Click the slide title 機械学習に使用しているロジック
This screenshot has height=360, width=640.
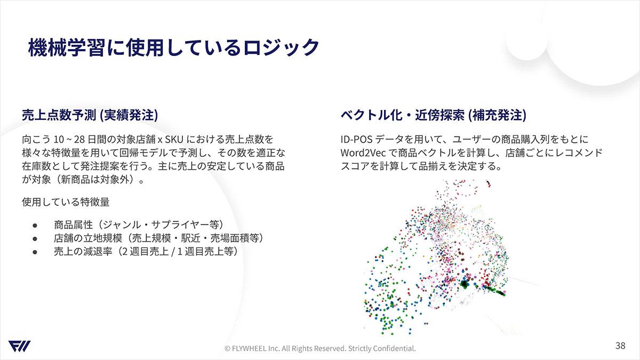(x=173, y=47)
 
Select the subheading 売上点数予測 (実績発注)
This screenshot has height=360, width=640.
(x=90, y=115)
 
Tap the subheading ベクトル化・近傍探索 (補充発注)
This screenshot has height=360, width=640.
(x=433, y=115)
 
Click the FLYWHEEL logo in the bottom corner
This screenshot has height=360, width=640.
(x=19, y=346)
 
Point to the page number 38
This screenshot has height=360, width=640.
(x=620, y=346)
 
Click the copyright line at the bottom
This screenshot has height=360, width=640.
(x=320, y=348)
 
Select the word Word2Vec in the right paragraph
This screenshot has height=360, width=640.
(x=363, y=153)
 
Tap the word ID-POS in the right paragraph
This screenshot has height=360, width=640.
(x=356, y=139)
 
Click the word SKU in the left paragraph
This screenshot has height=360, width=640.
(x=174, y=139)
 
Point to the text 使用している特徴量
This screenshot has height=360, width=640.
(x=66, y=202)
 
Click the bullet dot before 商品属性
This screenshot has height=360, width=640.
(x=35, y=226)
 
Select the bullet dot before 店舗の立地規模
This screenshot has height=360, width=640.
(x=35, y=238)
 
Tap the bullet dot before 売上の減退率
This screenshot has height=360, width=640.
(x=35, y=252)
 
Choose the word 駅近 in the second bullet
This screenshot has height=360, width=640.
(x=190, y=238)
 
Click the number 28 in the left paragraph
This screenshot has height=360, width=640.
(x=79, y=139)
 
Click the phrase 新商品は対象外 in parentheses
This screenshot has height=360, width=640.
(x=97, y=180)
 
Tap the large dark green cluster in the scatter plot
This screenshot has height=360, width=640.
(x=465, y=284)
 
